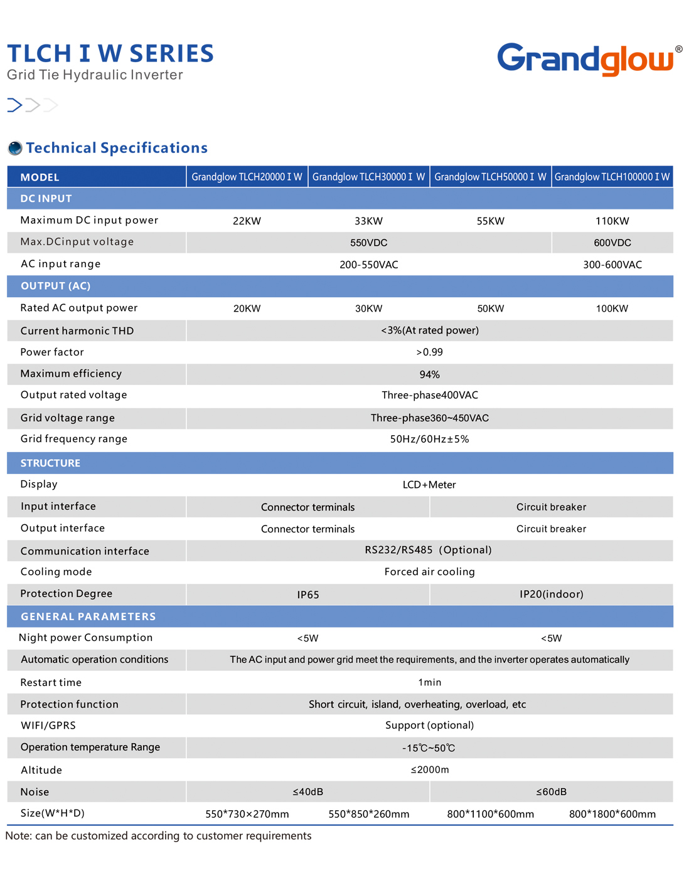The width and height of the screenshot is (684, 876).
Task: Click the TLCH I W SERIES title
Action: coord(110,54)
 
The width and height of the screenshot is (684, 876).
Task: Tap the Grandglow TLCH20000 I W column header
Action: coord(247,177)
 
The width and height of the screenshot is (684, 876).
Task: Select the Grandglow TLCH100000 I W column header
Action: coord(612,177)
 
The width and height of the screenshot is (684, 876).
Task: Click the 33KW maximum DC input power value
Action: coord(368,221)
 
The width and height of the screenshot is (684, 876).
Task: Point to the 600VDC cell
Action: coord(612,243)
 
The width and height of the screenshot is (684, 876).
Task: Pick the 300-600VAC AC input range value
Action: coord(612,265)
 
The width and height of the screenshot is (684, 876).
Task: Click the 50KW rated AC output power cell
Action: coord(490,309)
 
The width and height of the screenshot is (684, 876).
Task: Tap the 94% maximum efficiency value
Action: coord(429,374)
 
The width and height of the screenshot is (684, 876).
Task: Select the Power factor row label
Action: coord(52,352)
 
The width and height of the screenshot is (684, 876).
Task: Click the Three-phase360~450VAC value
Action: coord(429,418)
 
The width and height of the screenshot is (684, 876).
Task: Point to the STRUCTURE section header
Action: coord(50,463)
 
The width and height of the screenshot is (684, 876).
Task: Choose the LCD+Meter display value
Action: coord(429,485)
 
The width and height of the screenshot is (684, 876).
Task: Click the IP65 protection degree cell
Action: coord(307,594)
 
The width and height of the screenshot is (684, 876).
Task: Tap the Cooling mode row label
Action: coord(56,572)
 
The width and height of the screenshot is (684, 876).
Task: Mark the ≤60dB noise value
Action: coord(551,792)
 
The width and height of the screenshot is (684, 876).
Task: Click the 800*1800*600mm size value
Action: coord(612,814)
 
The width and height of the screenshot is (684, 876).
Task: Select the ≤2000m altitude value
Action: coord(429,770)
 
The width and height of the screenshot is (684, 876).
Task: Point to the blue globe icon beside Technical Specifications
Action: coord(15,148)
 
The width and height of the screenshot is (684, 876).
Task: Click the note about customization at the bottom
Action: coord(158,836)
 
